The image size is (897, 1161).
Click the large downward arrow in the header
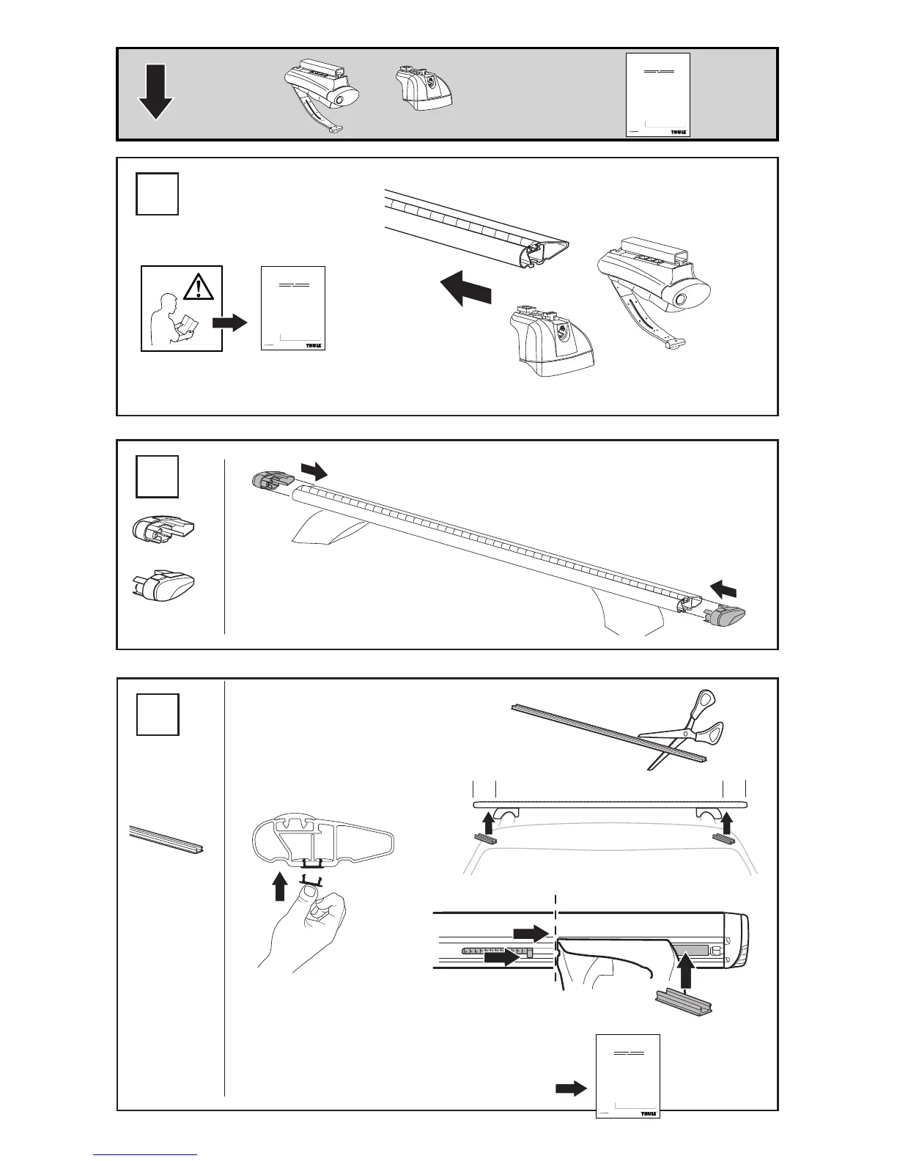155,92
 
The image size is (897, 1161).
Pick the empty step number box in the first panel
157,193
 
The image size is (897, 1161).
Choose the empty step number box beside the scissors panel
157,713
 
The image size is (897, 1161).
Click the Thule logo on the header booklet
678,130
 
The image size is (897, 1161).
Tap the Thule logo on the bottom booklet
648,1134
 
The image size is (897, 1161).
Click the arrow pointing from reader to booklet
230,322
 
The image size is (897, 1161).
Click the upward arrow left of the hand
278,885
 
